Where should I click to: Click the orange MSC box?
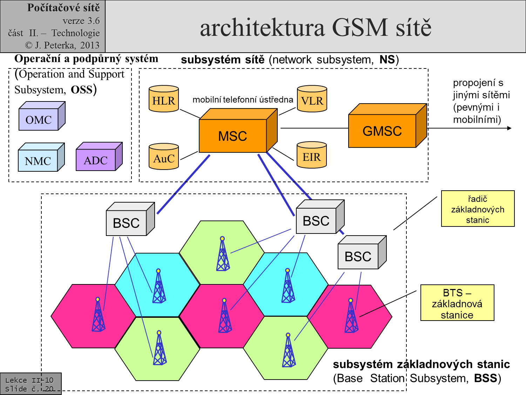(233, 136)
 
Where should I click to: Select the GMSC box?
(382, 131)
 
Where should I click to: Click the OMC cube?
(39, 119)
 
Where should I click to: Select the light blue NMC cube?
(38, 160)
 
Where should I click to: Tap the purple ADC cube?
(96, 160)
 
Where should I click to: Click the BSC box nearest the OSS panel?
(126, 223)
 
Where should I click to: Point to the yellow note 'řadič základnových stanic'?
(478, 209)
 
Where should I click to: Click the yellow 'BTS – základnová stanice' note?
(457, 303)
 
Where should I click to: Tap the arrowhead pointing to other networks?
(510, 128)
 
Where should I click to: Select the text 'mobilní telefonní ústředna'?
(243, 100)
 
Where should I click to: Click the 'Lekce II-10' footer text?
(29, 380)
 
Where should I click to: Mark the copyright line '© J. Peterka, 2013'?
(62, 45)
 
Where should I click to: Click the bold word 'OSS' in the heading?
(81, 90)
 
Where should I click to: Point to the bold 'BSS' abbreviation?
(485, 378)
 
